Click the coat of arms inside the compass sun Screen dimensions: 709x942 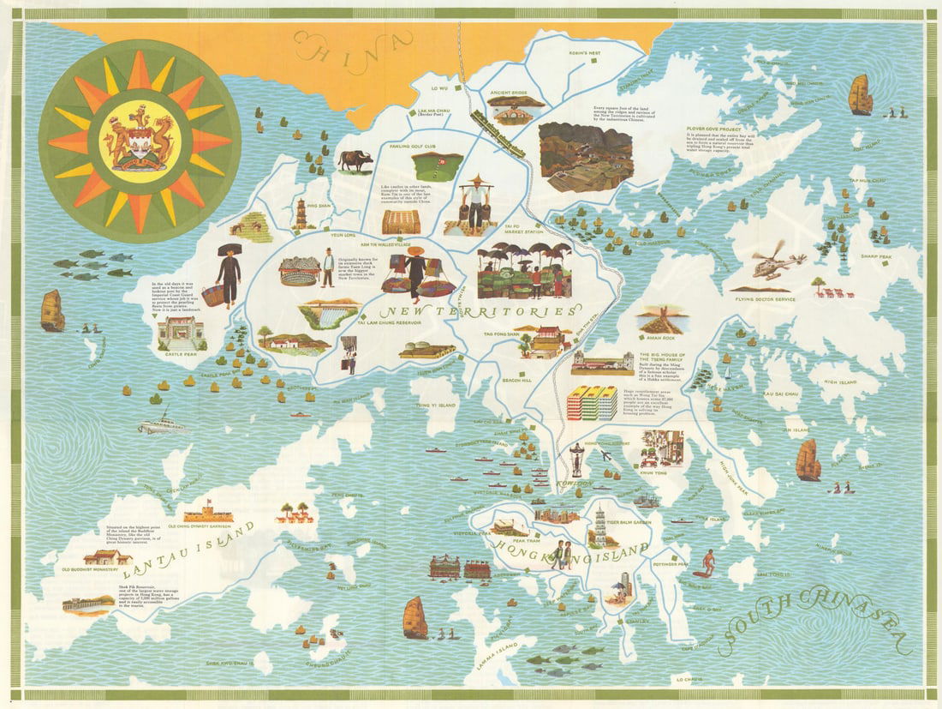(138, 137)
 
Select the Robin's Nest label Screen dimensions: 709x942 (584, 53)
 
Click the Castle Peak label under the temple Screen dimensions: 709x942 (182, 353)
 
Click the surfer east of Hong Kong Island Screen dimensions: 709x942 (706, 562)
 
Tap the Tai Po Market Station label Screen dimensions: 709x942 (524, 231)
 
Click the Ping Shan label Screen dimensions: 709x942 (319, 206)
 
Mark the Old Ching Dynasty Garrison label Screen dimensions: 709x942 (200, 526)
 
